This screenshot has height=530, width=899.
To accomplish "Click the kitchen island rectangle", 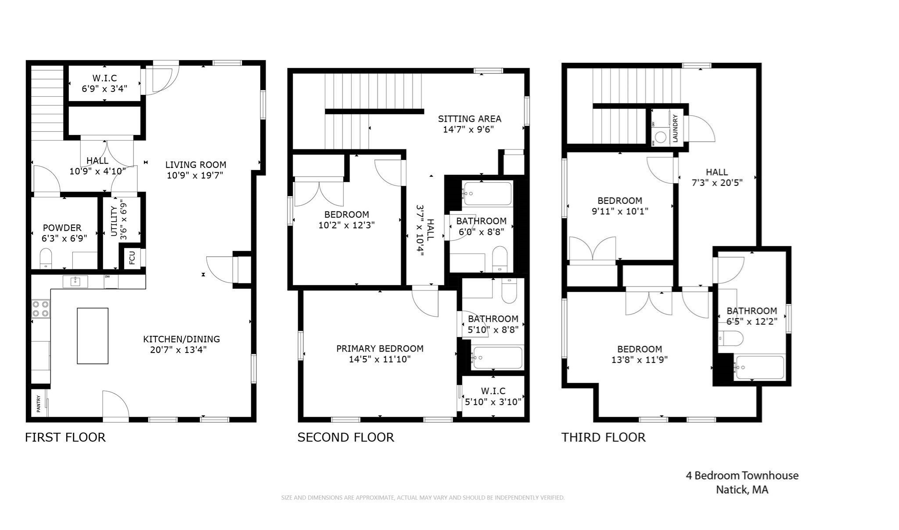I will pos(93,336).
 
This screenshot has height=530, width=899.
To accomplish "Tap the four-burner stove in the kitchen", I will pos(40,309).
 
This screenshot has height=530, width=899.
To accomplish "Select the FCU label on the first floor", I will pos(132,258).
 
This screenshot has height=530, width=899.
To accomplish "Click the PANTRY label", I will pos(39,403).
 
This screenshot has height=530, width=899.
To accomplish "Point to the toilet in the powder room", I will pos(46,257).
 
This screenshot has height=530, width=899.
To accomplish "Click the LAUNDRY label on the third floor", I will pos(675,128).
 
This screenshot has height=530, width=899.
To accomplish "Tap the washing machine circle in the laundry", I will pos(661,137).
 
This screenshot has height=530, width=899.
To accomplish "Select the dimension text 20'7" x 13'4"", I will pos(178,350).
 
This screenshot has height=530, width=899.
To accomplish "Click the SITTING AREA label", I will pos(469,119).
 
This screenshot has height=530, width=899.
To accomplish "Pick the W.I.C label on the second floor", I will pos(493,391).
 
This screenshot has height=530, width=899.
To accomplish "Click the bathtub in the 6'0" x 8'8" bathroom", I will pos(487,193).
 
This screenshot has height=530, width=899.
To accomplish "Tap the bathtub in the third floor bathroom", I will pos(759,368).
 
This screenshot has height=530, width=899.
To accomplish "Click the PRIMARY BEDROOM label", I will pos(380,348).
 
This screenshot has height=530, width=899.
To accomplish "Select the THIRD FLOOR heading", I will pos(603,437).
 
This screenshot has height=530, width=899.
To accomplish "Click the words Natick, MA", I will pos(742,490).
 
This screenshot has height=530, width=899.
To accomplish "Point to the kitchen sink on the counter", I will pos(75,281).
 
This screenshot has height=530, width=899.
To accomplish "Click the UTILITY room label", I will pos(114,221).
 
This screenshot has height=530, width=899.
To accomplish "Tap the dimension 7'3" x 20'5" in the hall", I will pos(717,183).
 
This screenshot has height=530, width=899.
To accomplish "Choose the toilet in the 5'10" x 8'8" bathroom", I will pos(509,292).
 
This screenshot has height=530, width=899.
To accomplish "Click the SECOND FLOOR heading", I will pos(345,437).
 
